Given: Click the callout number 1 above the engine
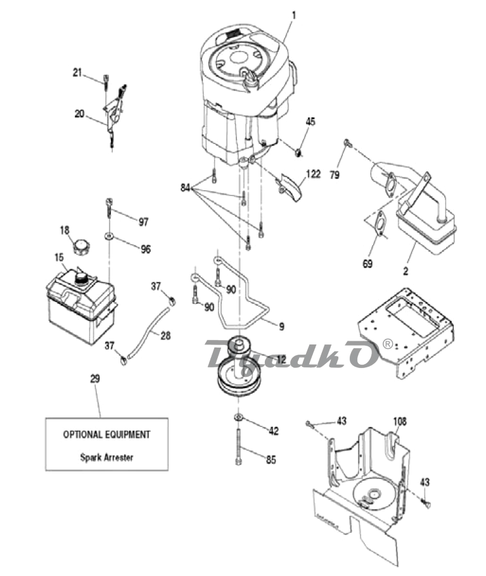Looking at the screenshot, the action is [x=293, y=15].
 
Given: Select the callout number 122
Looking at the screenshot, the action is [x=313, y=174].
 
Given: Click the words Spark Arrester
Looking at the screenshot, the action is [x=106, y=458].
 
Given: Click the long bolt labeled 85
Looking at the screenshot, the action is [x=239, y=447].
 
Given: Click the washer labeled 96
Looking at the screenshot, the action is [x=108, y=235].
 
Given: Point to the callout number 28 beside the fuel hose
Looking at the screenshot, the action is [x=165, y=336].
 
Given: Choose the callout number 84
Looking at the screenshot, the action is [x=185, y=188].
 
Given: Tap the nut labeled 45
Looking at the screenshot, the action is [x=299, y=151].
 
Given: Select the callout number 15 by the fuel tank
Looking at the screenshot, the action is [x=59, y=258].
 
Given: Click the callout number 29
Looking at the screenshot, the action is [x=95, y=378].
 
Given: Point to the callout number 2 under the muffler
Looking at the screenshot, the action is [x=406, y=271].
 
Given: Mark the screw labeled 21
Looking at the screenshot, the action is [x=106, y=82].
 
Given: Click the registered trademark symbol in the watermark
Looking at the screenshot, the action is [x=388, y=344].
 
